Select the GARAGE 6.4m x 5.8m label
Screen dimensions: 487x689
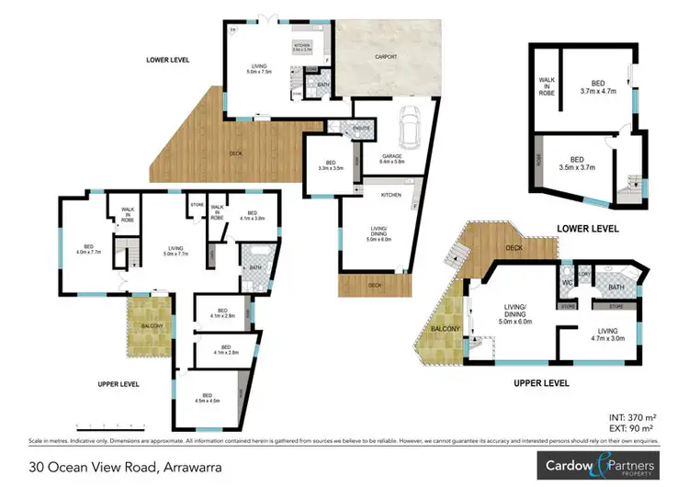(x=393, y=159)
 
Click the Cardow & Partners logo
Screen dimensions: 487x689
(x=596, y=464)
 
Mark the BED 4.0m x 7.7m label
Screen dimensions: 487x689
(x=89, y=248)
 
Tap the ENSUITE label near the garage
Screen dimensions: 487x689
(x=361, y=129)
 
